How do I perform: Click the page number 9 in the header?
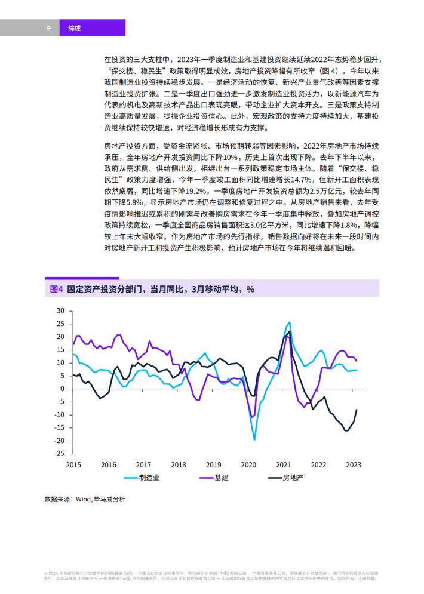pyautogui.click(x=48, y=28)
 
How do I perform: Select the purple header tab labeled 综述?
pyautogui.click(x=92, y=27)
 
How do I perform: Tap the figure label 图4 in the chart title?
pyautogui.click(x=56, y=289)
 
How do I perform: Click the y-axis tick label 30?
pyautogui.click(x=61, y=310)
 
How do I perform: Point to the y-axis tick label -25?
pyautogui.click(x=60, y=454)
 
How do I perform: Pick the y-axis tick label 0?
pyautogui.click(x=63, y=389)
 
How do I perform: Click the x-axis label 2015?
pyautogui.click(x=73, y=465)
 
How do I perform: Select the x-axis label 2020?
pyautogui.click(x=248, y=465)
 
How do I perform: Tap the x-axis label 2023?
pyautogui.click(x=354, y=465)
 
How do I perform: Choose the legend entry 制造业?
pyautogui.click(x=142, y=478)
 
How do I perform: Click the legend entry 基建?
pyautogui.click(x=214, y=478)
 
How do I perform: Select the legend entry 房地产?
pyautogui.click(x=285, y=478)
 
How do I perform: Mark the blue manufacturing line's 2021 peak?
pyautogui.click(x=290, y=322)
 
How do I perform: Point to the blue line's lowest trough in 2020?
pyautogui.click(x=254, y=440)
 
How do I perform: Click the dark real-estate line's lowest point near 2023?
pyautogui.click(x=346, y=431)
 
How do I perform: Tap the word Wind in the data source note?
pyautogui.click(x=83, y=499)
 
